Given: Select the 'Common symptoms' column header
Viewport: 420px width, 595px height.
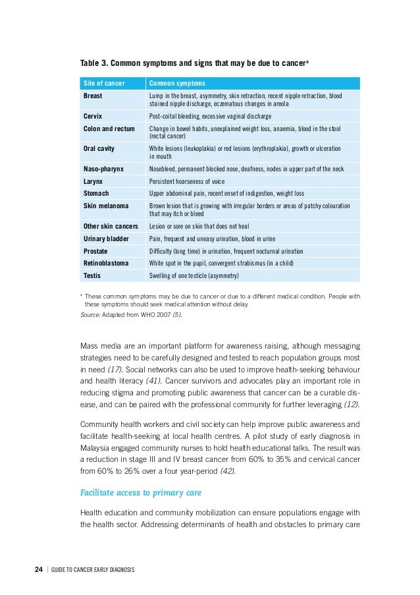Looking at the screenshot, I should click(177, 84).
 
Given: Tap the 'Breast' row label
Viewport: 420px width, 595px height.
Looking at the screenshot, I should click(93, 96).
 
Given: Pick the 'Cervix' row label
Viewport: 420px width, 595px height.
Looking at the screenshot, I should click(93, 116).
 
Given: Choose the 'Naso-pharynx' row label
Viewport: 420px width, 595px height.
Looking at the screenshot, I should click(103, 169).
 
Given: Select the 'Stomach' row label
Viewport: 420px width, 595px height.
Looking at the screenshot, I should click(96, 194).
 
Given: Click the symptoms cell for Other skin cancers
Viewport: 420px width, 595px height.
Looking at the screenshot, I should click(207, 227).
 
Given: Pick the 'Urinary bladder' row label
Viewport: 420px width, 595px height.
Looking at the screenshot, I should click(105, 239).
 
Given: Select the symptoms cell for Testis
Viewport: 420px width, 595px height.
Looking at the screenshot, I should click(194, 275).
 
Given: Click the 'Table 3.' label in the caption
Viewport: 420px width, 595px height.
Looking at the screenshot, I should click(94, 64).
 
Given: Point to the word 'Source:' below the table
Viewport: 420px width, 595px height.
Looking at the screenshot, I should click(90, 314).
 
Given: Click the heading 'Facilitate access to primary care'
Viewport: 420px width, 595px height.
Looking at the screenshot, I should click(140, 493).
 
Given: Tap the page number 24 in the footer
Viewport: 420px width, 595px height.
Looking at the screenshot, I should click(39, 569).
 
